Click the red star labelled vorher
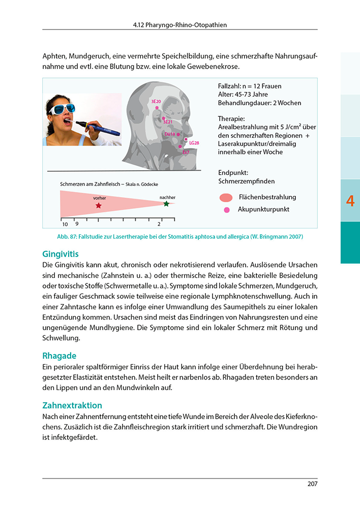coord(98,206)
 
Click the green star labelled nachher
coord(166,204)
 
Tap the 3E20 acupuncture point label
coord(156,102)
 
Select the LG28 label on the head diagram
coord(194,143)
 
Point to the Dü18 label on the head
coord(170,134)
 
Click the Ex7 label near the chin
coord(186,152)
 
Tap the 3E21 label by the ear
coord(168,122)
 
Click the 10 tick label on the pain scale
coord(65,224)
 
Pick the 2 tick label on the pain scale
coord(159,224)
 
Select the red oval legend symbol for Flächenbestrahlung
coord(226,198)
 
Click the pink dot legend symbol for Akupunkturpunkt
coord(227,209)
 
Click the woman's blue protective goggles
coord(62,108)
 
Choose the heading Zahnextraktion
coord(72,405)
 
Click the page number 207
coord(312,484)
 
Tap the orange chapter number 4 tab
coord(350,201)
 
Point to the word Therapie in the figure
coord(231,119)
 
